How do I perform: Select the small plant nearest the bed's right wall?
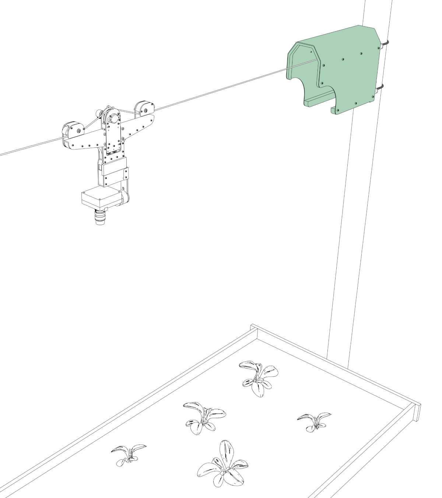click(x=314, y=421)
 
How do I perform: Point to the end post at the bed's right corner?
click(x=417, y=413)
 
